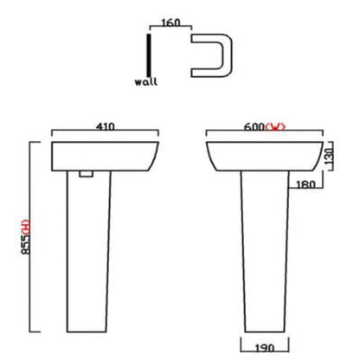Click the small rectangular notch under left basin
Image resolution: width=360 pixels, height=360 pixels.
click(86, 174)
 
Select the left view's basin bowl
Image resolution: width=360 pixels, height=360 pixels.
click(104, 154)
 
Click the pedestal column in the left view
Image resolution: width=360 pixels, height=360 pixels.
click(88, 251)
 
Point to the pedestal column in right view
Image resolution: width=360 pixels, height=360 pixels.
click(263, 251)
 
